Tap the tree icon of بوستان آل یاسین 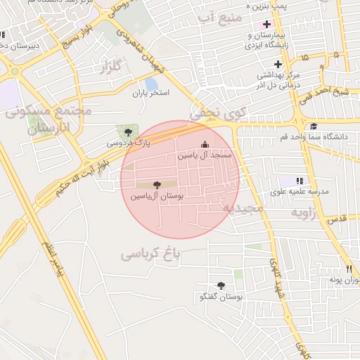tap(156, 185)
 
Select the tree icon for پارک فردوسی tap(127, 131)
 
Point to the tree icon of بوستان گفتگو tap(221, 285)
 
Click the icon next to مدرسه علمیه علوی tap(301, 181)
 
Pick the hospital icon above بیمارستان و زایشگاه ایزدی tap(266, 24)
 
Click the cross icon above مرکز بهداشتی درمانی tap(278, 64)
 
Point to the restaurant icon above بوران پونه tap(349, 269)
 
